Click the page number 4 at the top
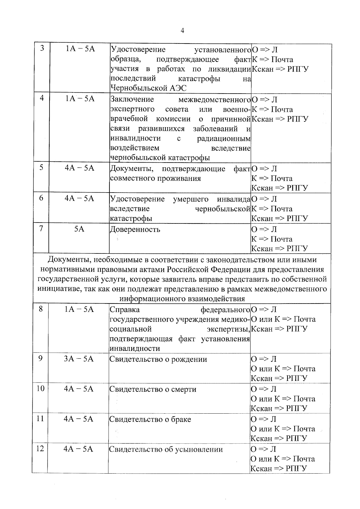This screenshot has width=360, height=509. pyautogui.click(x=182, y=31)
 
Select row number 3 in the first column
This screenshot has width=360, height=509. pyautogui.click(x=42, y=48)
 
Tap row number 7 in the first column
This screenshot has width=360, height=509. pyautogui.click(x=41, y=228)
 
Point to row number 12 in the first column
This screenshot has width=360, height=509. pyautogui.click(x=40, y=448)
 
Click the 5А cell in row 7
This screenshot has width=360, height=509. pyautogui.click(x=79, y=229)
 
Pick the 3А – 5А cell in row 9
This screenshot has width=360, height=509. pyautogui.click(x=79, y=359)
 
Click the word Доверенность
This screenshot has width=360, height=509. pyautogui.click(x=135, y=230)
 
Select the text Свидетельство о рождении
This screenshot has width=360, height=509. pyautogui.click(x=158, y=359)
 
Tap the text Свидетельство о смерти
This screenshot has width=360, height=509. pyautogui.click(x=153, y=389)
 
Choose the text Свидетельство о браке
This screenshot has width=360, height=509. pyautogui.click(x=150, y=419)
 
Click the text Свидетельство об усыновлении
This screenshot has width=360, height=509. pyautogui.click(x=166, y=449)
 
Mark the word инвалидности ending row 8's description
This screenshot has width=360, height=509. pyautogui.click(x=135, y=349)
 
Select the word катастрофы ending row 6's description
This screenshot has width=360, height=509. pyautogui.click(x=131, y=218)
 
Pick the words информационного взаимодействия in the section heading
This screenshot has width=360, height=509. pyautogui.click(x=182, y=299)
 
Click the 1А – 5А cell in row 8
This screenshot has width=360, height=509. pyautogui.click(x=79, y=309)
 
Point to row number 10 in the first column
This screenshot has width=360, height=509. pyautogui.click(x=40, y=388)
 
